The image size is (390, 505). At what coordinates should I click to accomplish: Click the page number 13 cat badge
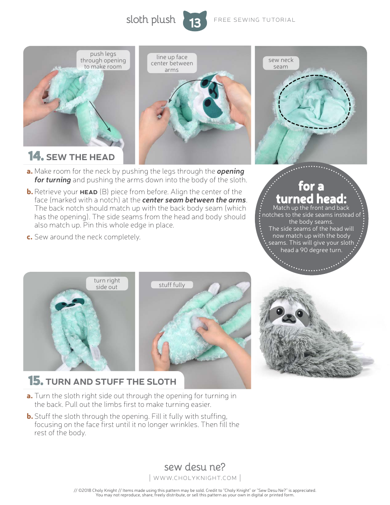pyautogui.click(x=195, y=21)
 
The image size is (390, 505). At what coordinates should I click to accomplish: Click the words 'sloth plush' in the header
pyautogui.click(x=151, y=20)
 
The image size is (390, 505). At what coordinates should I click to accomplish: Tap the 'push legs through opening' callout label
pyautogui.click(x=103, y=60)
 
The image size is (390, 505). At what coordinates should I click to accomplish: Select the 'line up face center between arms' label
pyautogui.click(x=172, y=63)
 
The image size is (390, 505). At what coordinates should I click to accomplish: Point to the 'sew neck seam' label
pyautogui.click(x=281, y=63)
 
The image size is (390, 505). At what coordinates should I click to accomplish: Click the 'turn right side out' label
pyautogui.click(x=107, y=284)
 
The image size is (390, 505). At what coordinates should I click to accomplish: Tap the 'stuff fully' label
pyautogui.click(x=172, y=285)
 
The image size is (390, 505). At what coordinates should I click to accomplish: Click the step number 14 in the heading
pyautogui.click(x=36, y=156)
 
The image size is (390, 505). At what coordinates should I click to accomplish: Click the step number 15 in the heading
pyautogui.click(x=36, y=381)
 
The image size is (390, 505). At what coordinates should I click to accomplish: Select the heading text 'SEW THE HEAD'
pyautogui.click(x=80, y=157)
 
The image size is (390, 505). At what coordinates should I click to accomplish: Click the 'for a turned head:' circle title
pyautogui.click(x=311, y=193)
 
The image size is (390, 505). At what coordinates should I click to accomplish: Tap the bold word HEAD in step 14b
pyautogui.click(x=89, y=192)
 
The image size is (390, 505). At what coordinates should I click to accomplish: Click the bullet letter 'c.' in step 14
pyautogui.click(x=30, y=237)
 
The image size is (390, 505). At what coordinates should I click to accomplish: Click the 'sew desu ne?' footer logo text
pyautogui.click(x=195, y=467)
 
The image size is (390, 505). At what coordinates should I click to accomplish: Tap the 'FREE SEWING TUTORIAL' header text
pyautogui.click(x=255, y=20)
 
